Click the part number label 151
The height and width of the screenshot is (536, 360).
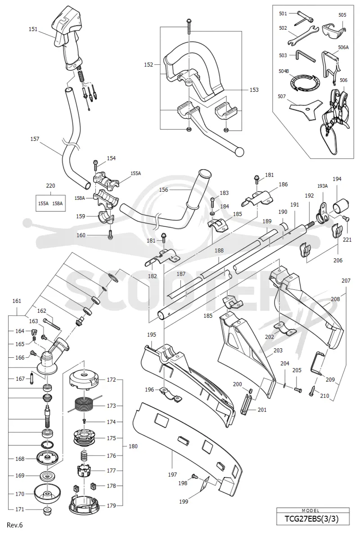pyautogui.click(x=33, y=29)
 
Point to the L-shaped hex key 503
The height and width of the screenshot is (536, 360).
pyautogui.click(x=304, y=55)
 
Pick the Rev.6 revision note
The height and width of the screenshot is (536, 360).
pyautogui.click(x=15, y=525)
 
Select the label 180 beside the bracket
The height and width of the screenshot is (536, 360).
pyautogui.click(x=133, y=446)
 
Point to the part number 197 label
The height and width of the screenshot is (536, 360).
pyautogui.click(x=173, y=474)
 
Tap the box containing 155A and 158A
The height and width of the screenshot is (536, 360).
pyautogui.click(x=50, y=203)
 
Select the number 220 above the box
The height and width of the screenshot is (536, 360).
pyautogui.click(x=50, y=186)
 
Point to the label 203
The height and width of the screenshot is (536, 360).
pyautogui.click(x=278, y=351)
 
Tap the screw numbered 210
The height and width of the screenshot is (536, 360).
pyautogui.click(x=313, y=390)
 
